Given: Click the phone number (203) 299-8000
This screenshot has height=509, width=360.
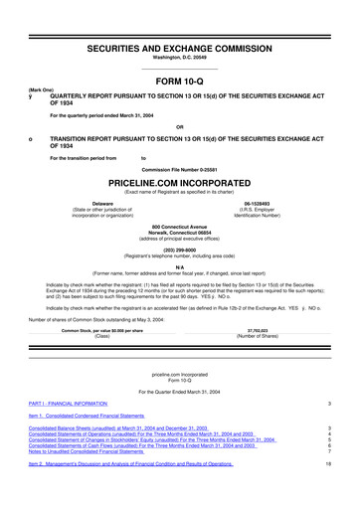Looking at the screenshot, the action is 179,252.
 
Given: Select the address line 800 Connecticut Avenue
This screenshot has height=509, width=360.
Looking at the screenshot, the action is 179,227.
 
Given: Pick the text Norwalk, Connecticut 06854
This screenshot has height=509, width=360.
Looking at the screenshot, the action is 179,234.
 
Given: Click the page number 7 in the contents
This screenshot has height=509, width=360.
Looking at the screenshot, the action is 341,479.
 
